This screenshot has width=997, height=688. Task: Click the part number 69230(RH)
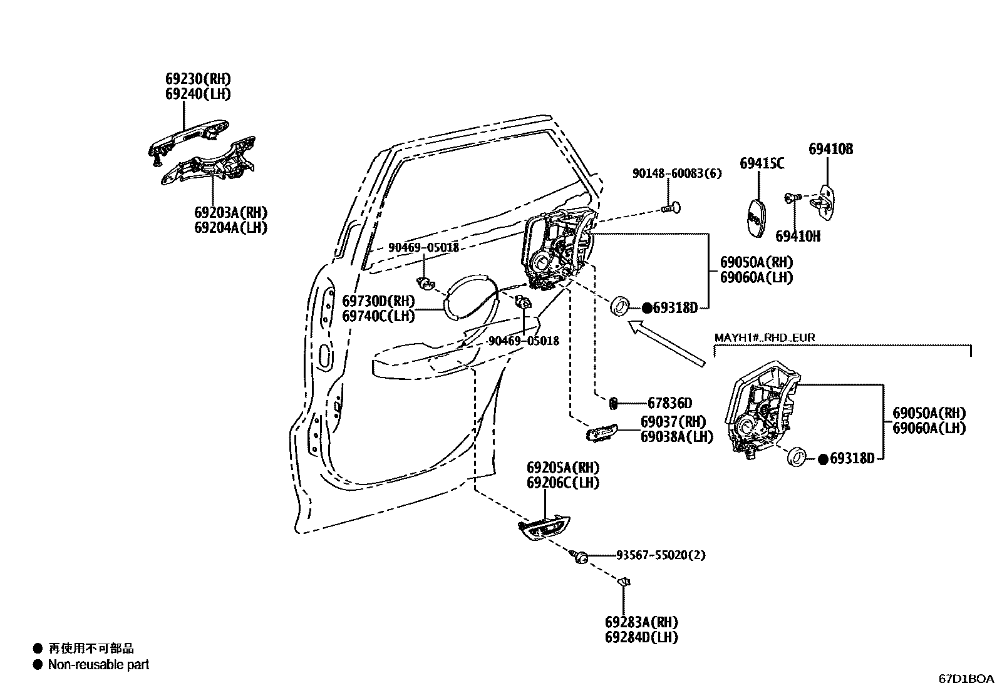pyautogui.click(x=198, y=79)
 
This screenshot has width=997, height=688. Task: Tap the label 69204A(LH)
pyautogui.click(x=230, y=227)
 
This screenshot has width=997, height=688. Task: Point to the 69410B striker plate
pyautogui.click(x=827, y=200)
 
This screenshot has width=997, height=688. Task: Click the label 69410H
pyautogui.click(x=797, y=236)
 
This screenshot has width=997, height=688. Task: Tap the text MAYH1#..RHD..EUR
pyautogui.click(x=765, y=338)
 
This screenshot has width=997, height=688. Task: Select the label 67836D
pyautogui.click(x=669, y=403)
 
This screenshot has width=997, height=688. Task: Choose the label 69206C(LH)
pyautogui.click(x=562, y=483)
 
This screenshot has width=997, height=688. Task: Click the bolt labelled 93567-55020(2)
pyautogui.click(x=580, y=556)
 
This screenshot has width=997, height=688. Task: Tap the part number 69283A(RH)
pyautogui.click(x=641, y=622)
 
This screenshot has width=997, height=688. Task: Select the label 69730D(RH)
pyautogui.click(x=378, y=301)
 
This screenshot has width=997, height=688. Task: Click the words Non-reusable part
pyautogui.click(x=98, y=665)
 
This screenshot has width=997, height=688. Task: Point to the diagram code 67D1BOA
pyautogui.click(x=966, y=679)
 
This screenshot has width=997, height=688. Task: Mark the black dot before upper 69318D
pyautogui.click(x=647, y=308)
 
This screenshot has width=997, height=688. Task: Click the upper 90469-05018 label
pyautogui.click(x=423, y=248)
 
